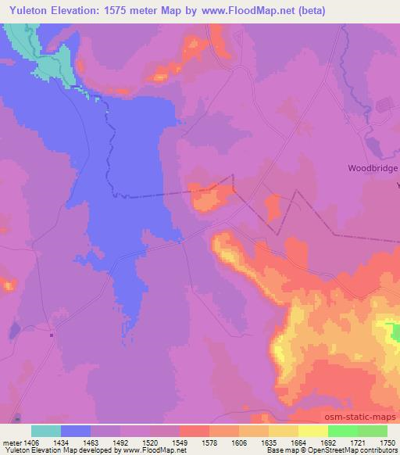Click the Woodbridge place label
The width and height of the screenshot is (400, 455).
(373, 168)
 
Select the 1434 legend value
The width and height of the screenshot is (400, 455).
(76, 442)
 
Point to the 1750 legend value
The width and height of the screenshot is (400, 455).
(387, 442)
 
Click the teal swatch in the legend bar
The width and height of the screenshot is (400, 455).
(46, 431)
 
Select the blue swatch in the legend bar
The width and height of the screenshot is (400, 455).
(76, 431)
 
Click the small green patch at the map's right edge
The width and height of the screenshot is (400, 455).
(395, 332)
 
